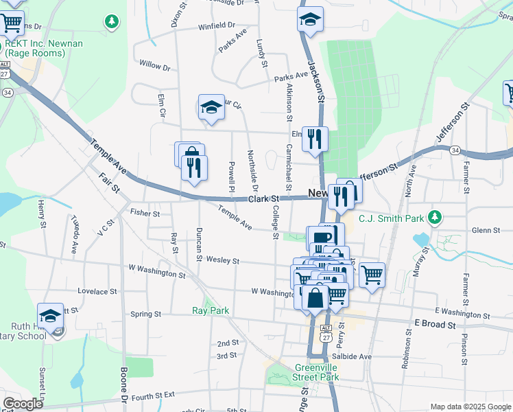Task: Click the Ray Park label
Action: (x=210, y=310)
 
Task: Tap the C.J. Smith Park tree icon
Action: (x=434, y=218)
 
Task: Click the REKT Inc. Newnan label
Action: (x=43, y=48)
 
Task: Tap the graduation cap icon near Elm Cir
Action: (x=211, y=106)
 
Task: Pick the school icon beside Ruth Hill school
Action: (x=50, y=316)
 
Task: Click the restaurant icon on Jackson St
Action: (x=315, y=138)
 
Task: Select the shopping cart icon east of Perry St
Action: (x=372, y=275)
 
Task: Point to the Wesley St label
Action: (x=221, y=261)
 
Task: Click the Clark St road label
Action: (x=261, y=198)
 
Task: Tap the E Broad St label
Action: (x=435, y=323)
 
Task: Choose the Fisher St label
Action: (x=144, y=214)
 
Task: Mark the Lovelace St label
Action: (x=93, y=291)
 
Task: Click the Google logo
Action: (x=23, y=404)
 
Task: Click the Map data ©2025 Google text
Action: (x=470, y=407)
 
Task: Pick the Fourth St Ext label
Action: (x=154, y=396)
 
